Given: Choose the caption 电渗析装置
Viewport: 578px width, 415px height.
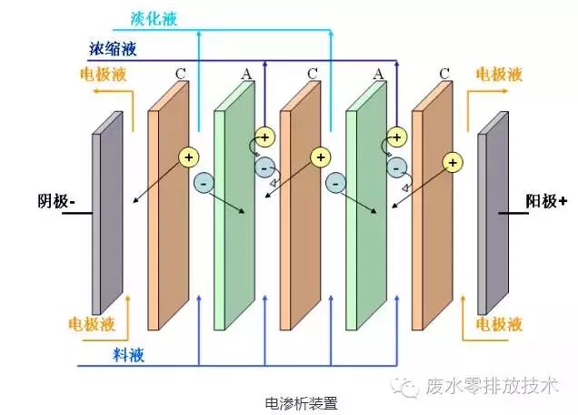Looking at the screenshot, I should coord(294,401).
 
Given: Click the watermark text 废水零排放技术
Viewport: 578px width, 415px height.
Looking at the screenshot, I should coord(491,385).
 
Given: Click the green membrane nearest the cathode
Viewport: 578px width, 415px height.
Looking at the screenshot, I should coord(234,218).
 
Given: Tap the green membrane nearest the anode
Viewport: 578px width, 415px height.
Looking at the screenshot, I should coord(365,218).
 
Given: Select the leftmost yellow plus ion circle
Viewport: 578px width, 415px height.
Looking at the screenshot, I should coord(189,156).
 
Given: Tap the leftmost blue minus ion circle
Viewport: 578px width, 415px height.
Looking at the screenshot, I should coord(204,181).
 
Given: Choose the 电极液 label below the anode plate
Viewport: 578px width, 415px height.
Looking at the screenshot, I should coord(501,323).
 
